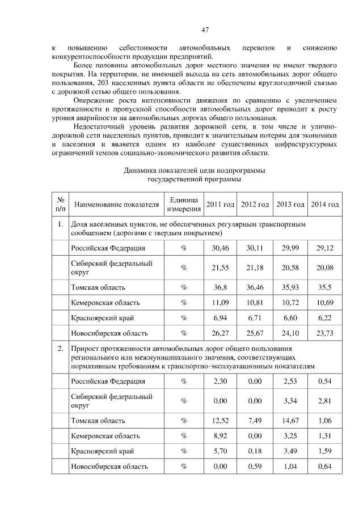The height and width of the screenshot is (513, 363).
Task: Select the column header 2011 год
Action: point(220,205)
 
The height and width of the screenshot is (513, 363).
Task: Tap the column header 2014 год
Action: point(325,205)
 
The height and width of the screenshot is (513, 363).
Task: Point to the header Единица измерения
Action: point(183,205)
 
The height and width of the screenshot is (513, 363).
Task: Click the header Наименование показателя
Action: point(116,205)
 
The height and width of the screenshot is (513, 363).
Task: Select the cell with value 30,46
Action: point(220,248)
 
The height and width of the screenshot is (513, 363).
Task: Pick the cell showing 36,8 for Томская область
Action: point(220,287)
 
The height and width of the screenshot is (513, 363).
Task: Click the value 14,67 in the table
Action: point(290,421)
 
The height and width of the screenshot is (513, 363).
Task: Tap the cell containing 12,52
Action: point(220,421)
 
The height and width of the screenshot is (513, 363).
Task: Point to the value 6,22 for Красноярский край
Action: point(325,318)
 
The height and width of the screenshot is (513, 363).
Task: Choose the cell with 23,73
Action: point(325,333)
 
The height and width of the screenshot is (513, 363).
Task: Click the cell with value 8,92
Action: point(220,436)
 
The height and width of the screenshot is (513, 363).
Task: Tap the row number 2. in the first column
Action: point(60,348)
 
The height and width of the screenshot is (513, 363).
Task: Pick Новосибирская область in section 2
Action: point(109,467)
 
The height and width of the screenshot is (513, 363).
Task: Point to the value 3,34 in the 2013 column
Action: point(290,401)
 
